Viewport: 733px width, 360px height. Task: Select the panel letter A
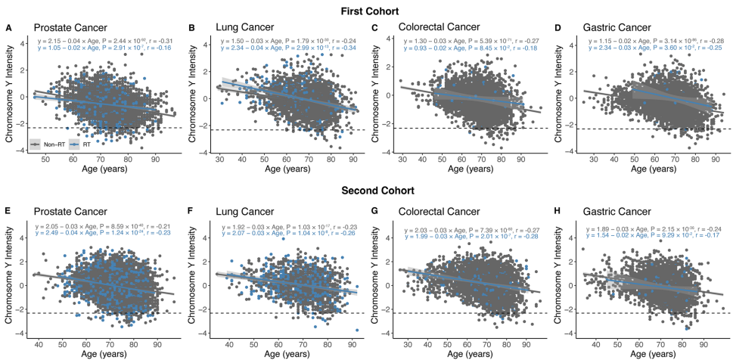(x=8, y=28)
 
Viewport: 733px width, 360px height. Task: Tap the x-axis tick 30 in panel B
(x=219, y=160)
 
